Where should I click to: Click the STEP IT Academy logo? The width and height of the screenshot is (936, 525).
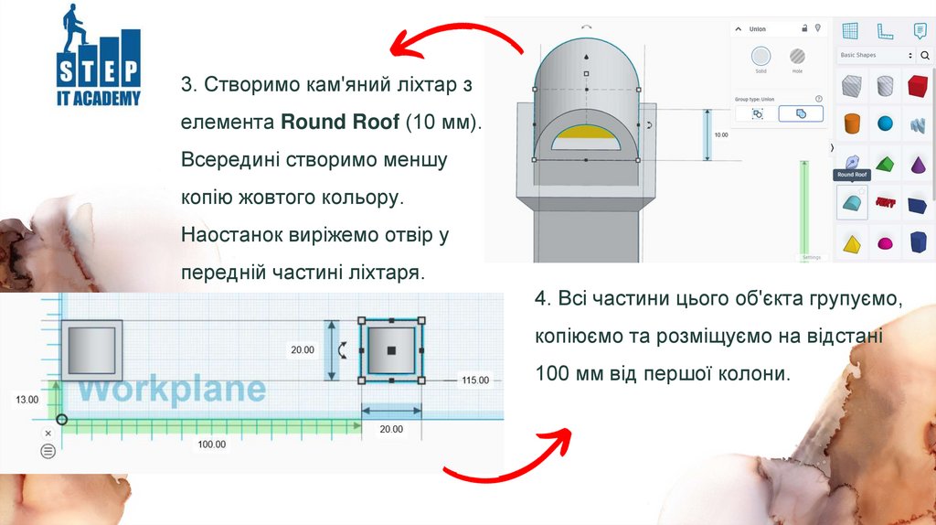pos(99,58)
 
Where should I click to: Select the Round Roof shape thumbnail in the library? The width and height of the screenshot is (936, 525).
pos(852,203)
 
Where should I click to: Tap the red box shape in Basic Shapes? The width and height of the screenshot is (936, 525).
pos(917,88)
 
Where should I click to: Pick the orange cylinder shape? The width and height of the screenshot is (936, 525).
pos(852,123)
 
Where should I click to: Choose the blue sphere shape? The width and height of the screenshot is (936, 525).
pos(885,123)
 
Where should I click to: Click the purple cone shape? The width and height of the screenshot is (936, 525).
pos(917,166)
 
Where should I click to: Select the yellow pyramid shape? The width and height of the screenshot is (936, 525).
pos(852,244)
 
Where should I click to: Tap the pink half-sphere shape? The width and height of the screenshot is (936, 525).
pos(885,244)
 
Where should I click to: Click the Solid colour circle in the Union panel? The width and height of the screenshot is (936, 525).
pos(760,56)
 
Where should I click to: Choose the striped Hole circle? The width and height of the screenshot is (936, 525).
pos(797,56)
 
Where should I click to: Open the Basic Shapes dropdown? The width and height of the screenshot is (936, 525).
pos(876,56)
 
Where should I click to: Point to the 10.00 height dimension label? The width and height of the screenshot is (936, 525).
pos(721,134)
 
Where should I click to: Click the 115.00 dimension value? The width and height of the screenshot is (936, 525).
pos(475,380)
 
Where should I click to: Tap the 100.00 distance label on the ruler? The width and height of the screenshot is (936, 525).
pos(212,444)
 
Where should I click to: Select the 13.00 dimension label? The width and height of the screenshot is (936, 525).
pos(27,400)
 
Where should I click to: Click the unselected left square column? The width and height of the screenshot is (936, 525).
pos(91,349)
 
